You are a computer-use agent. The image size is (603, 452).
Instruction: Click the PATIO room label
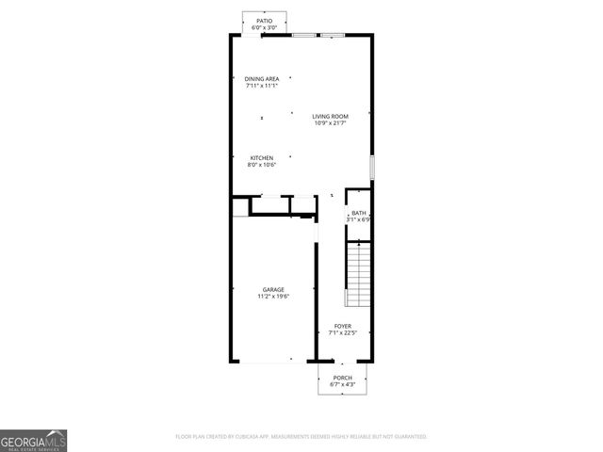(264, 20)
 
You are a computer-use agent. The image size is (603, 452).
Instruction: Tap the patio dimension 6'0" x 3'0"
(264, 27)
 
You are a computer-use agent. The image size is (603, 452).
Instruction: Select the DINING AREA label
(262, 78)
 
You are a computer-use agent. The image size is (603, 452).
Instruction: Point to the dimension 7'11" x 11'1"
(262, 86)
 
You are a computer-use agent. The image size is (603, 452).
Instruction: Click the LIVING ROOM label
(331, 116)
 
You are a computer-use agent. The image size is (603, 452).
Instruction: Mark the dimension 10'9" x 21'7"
(331, 123)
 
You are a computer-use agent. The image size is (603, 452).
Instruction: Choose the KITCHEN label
(262, 157)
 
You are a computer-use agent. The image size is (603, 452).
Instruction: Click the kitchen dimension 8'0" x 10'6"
(262, 165)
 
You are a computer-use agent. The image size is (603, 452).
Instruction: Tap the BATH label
(359, 213)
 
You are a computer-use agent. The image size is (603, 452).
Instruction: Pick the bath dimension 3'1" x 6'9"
(359, 220)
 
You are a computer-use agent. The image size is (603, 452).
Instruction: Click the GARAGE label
(274, 289)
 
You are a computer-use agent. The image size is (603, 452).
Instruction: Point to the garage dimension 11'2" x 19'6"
(274, 297)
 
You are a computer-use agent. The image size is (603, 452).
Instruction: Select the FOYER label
(343, 325)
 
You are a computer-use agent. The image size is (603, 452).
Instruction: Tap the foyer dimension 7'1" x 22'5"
(343, 332)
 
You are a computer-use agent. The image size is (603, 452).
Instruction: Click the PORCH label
(342, 378)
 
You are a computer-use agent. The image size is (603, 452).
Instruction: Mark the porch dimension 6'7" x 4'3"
(342, 385)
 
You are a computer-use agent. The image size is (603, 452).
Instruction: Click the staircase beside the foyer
(360, 274)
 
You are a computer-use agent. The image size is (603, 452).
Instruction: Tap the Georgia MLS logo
(34, 441)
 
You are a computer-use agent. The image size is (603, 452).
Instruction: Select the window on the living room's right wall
(372, 167)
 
